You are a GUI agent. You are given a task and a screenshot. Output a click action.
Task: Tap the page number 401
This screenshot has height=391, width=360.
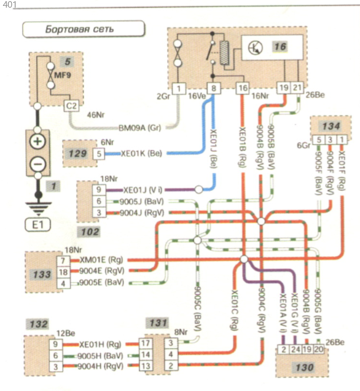[10, 6]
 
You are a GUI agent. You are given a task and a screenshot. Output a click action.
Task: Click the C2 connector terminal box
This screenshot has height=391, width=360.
[71, 107]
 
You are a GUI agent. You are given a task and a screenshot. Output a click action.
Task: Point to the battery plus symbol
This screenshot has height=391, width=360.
[37, 141]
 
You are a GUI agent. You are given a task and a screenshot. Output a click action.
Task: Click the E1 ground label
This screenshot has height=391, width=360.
[37, 224]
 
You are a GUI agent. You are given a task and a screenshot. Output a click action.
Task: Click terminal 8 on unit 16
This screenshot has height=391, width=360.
[213, 88]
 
